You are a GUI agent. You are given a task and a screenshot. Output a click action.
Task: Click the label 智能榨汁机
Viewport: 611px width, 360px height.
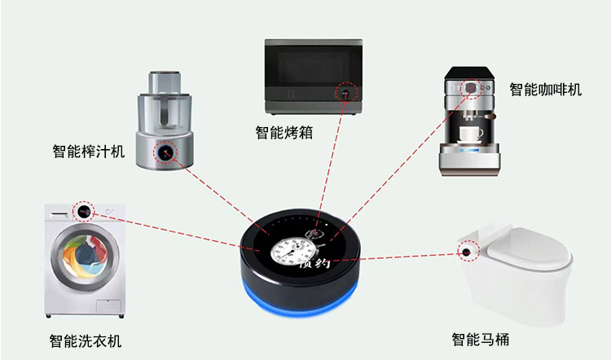pyautogui.click(x=89, y=151)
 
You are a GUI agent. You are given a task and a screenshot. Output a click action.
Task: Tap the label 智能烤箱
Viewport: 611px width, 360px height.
pyautogui.click(x=284, y=133)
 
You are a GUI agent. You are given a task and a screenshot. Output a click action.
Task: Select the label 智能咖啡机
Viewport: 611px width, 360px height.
pyautogui.click(x=546, y=90)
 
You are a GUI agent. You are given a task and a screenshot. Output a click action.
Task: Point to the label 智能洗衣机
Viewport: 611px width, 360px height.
pyautogui.click(x=86, y=341)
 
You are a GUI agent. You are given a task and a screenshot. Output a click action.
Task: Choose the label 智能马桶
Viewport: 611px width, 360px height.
pyautogui.click(x=480, y=339)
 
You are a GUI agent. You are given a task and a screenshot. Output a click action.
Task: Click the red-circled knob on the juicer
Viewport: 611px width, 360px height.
pyautogui.click(x=165, y=152)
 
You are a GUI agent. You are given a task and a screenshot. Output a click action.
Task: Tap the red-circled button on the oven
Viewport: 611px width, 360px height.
pyautogui.click(x=345, y=93)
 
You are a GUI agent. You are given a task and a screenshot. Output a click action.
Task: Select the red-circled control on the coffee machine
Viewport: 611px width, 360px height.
pyautogui.click(x=471, y=88)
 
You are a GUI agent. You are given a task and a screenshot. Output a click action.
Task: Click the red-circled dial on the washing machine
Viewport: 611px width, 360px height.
pyautogui.click(x=83, y=212)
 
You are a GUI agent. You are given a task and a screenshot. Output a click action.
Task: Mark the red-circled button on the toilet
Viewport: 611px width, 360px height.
pyautogui.click(x=467, y=252)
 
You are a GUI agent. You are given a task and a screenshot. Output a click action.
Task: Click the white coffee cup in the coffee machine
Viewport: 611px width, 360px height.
pyautogui.click(x=470, y=134)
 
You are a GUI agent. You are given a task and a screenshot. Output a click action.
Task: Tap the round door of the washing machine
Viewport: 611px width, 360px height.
pyautogui.click(x=85, y=257)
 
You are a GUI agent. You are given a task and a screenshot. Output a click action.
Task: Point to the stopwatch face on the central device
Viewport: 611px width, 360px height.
pyautogui.click(x=289, y=250)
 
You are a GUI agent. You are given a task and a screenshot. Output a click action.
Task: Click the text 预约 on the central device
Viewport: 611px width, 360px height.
pyautogui.click(x=314, y=263)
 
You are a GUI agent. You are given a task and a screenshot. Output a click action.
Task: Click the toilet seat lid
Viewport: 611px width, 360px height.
pyautogui.click(x=530, y=246)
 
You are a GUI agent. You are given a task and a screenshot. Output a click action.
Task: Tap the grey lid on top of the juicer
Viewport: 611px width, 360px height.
pyautogui.click(x=165, y=82)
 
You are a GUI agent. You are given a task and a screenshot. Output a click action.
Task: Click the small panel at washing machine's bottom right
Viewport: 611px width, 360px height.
pyautogui.click(x=108, y=306)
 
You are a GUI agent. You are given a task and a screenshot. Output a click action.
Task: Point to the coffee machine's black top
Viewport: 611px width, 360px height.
pyautogui.click(x=469, y=72)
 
